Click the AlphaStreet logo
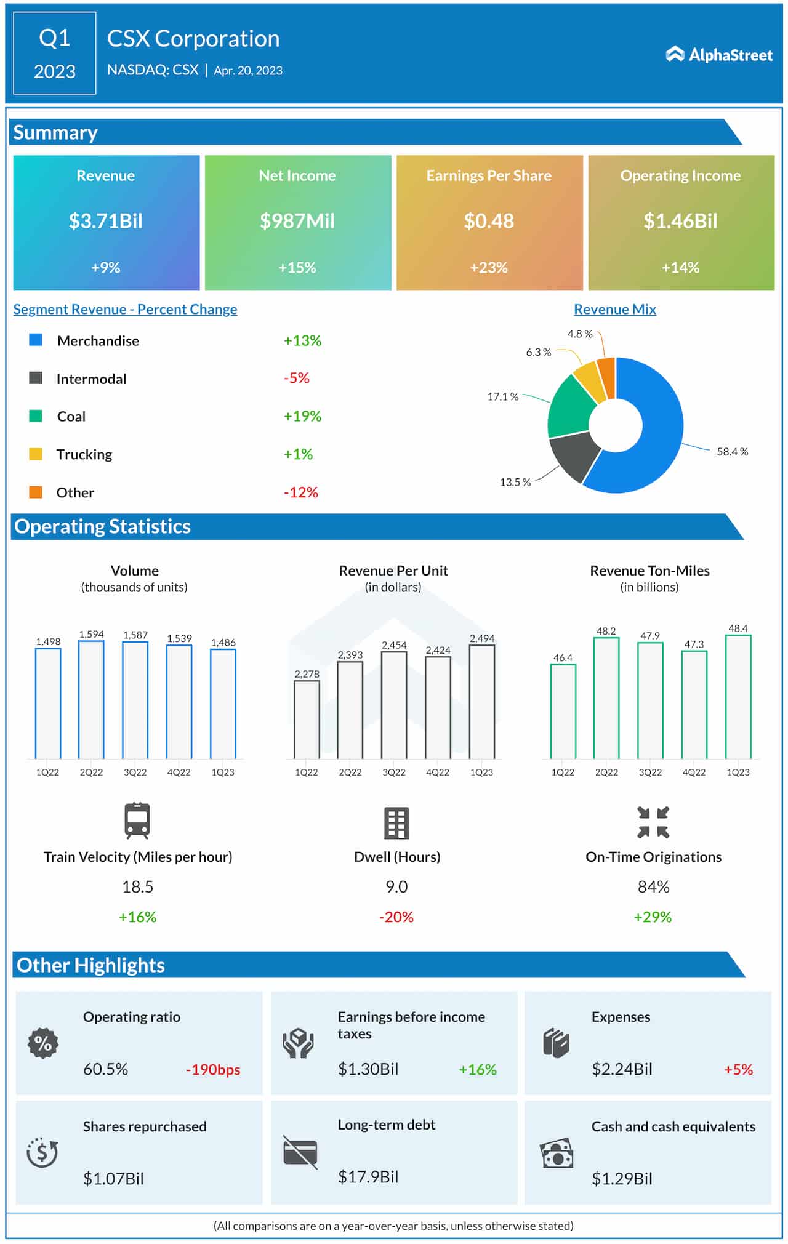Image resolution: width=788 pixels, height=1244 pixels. coord(718,55)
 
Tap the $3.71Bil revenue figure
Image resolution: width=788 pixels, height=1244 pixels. coord(105,221)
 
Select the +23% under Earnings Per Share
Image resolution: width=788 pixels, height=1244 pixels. coord(488,268)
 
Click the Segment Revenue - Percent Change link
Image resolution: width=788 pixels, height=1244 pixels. coord(125,310)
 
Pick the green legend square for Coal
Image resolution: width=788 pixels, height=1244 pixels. coord(36,416)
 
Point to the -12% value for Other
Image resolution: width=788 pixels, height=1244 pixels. coord(300,492)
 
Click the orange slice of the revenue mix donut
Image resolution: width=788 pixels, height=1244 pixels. coord(607,377)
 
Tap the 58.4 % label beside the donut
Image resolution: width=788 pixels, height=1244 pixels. coord(732,452)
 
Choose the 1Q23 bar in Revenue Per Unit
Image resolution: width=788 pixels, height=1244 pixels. coord(481,702)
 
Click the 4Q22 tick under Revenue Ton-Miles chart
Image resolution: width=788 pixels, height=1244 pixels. coord(694,772)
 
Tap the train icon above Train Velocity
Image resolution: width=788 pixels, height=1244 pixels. coord(137,821)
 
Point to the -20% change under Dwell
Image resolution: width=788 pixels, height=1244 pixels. coord(396,917)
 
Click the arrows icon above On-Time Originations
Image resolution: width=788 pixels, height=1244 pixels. coord(653,822)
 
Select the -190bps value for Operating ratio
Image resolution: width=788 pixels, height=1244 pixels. coord(213,1070)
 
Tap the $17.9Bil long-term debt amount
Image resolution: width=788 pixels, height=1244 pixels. coord(368,1177)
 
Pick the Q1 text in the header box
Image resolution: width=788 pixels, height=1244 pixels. coord(54,38)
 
